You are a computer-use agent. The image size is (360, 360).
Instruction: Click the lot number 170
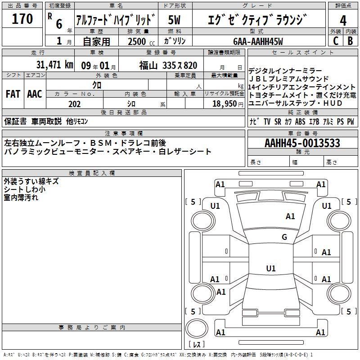[x=22, y=19]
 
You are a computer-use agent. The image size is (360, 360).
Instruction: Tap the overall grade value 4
[x=343, y=21]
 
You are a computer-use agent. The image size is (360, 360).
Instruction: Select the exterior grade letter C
[x=336, y=41]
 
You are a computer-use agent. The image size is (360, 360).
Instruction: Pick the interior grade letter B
[x=350, y=41]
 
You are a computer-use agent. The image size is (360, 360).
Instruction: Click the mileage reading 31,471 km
[x=55, y=65]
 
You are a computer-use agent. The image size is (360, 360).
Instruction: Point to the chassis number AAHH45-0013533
[x=302, y=143]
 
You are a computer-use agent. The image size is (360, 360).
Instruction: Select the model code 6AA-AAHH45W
[x=258, y=41]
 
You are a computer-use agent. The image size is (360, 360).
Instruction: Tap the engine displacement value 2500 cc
[x=141, y=41]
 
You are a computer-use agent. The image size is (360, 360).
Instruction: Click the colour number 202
[x=74, y=104]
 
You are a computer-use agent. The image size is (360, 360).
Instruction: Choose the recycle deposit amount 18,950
[x=225, y=104]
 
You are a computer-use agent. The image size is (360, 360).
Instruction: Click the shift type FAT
[x=13, y=94]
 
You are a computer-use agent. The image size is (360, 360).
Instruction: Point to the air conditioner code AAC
[x=35, y=94]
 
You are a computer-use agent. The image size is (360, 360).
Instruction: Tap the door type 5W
[x=174, y=20]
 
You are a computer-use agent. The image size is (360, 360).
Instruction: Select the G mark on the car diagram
[x=284, y=237]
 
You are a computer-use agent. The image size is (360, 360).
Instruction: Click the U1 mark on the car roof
[x=271, y=268]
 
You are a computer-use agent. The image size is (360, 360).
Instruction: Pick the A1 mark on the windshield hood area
[x=290, y=216]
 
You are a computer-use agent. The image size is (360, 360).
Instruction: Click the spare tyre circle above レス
[x=197, y=328]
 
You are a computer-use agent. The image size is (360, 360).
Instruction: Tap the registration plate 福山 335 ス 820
[x=168, y=66]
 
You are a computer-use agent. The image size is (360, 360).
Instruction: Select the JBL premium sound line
[x=289, y=79]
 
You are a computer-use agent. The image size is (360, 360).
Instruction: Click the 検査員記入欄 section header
[x=92, y=173]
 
